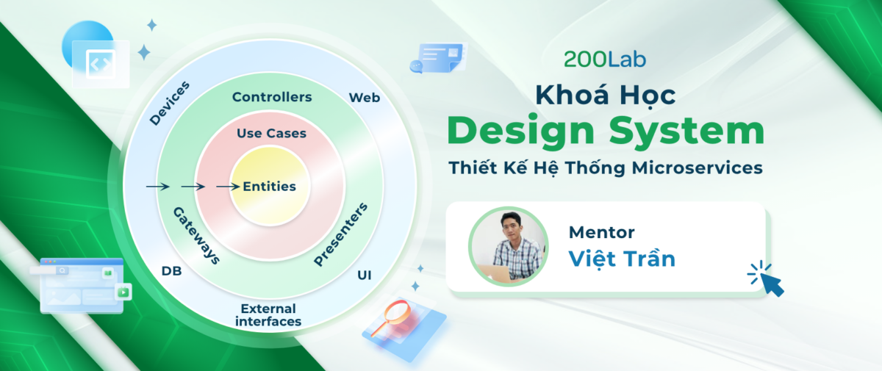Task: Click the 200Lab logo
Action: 605,60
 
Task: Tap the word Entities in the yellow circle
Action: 269,186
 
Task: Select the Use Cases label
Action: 271,134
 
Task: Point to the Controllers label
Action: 272,97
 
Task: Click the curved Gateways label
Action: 196,235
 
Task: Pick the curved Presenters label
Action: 340,234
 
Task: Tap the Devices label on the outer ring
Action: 169,104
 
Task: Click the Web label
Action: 365,98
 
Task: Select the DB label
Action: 172,270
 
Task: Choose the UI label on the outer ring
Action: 365,275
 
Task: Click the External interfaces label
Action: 268,314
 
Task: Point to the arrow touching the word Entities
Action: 228,186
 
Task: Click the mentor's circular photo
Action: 509,247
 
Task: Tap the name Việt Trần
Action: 622,259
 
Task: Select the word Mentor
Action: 602,232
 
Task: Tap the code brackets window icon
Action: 101,64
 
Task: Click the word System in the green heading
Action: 687,132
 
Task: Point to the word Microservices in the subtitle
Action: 698,168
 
